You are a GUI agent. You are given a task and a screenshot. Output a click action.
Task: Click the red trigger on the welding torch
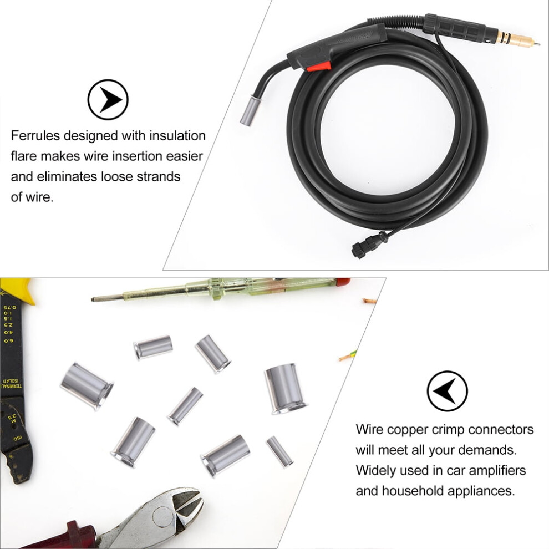(319, 67)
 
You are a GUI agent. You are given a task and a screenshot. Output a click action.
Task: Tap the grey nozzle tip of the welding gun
(250, 111)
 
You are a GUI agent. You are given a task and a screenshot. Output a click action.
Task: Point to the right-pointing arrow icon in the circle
(108, 100)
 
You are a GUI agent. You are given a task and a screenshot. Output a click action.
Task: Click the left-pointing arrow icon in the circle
(447, 391)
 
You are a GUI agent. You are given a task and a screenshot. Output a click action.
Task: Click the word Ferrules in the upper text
(35, 135)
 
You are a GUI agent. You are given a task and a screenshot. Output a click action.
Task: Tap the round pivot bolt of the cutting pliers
(163, 517)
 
